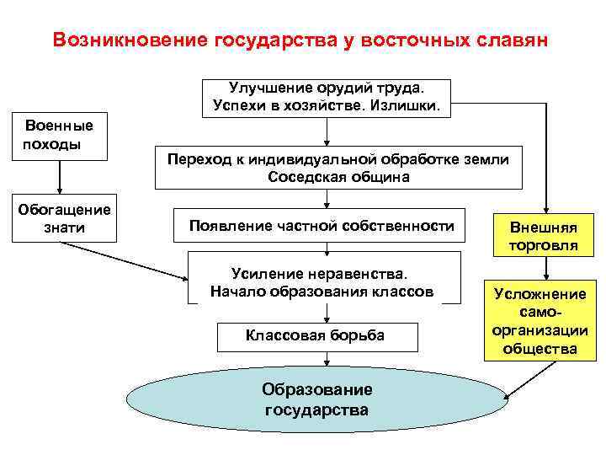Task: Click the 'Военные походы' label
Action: click(58, 135)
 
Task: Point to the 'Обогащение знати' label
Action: click(64, 218)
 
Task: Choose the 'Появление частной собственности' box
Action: click(320, 226)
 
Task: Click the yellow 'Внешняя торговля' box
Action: click(544, 237)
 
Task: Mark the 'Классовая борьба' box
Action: click(315, 335)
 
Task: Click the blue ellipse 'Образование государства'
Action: click(316, 400)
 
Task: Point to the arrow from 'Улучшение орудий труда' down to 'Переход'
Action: click(327, 131)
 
